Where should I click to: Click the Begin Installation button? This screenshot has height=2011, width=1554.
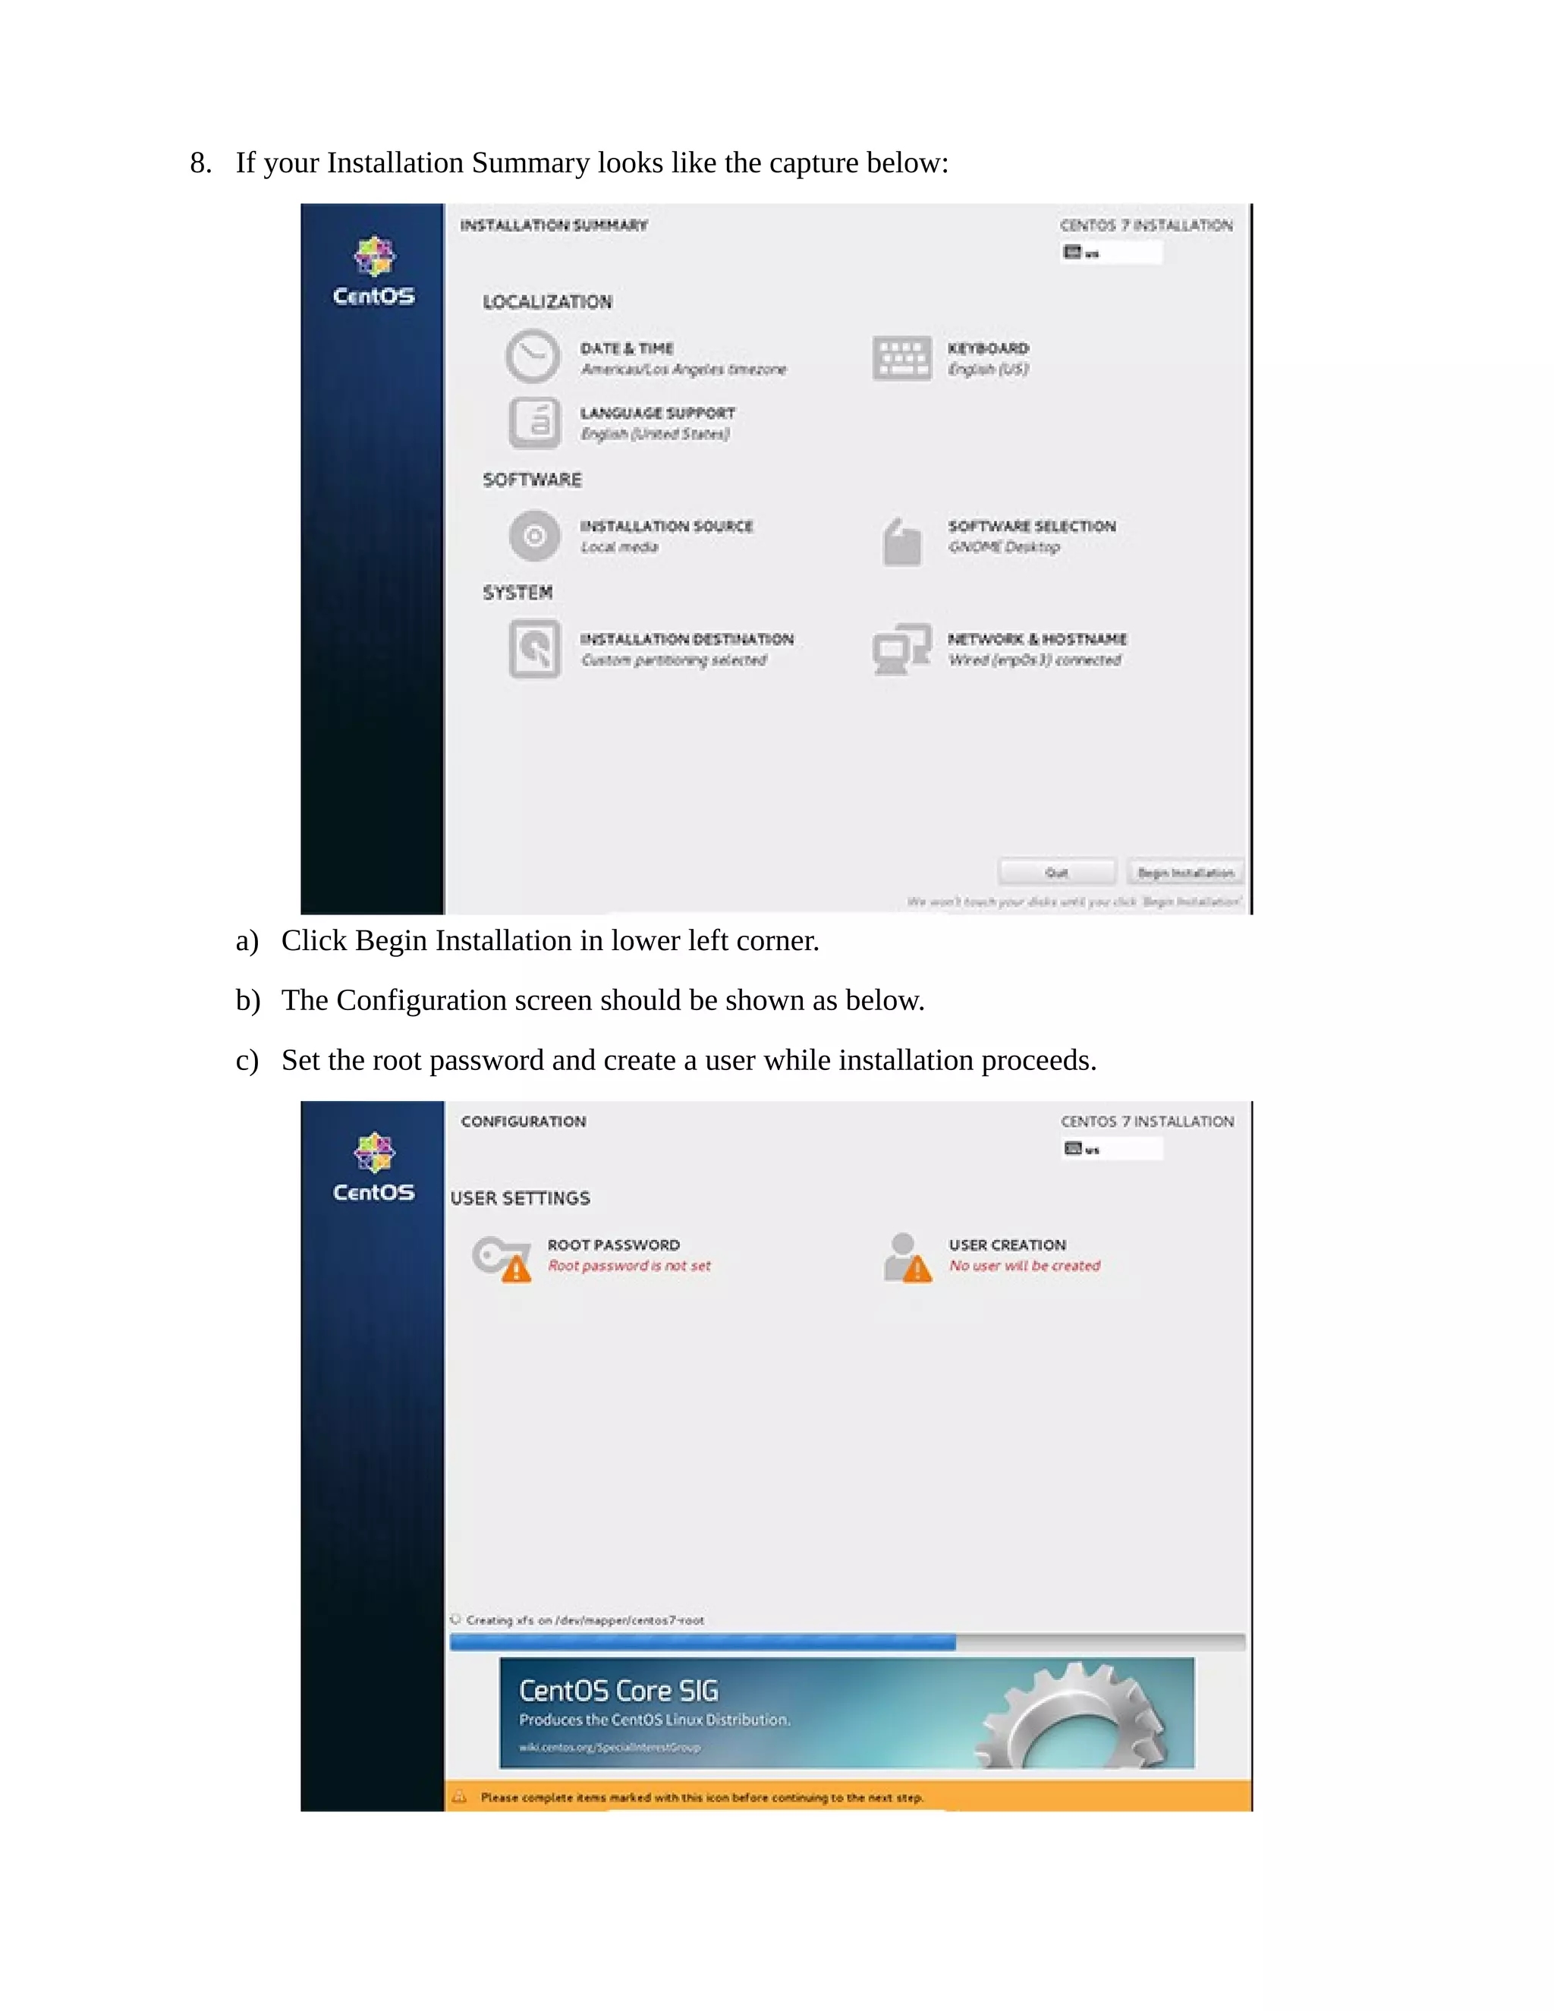(x=1184, y=871)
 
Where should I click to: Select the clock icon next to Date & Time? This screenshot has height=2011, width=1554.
(x=532, y=357)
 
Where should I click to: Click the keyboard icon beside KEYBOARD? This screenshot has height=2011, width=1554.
(x=901, y=357)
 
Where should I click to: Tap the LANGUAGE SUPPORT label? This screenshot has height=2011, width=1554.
(x=657, y=413)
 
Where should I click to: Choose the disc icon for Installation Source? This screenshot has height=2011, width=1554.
(x=534, y=535)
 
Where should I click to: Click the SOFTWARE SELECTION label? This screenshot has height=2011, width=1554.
(x=1031, y=526)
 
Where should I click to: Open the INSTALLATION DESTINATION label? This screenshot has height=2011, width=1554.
(x=686, y=638)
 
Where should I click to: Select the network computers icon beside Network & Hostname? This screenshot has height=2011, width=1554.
(x=901, y=649)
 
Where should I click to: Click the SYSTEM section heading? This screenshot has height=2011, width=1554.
(x=517, y=592)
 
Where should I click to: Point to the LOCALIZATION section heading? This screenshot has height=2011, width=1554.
(x=547, y=302)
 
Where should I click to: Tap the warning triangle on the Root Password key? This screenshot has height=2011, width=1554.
(x=517, y=1270)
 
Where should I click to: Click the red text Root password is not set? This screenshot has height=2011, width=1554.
(x=629, y=1266)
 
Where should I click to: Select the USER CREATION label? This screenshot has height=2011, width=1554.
(x=1007, y=1245)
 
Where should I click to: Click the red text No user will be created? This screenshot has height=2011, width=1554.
(x=1024, y=1266)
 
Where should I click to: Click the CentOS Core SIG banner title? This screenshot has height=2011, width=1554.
(x=618, y=1691)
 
